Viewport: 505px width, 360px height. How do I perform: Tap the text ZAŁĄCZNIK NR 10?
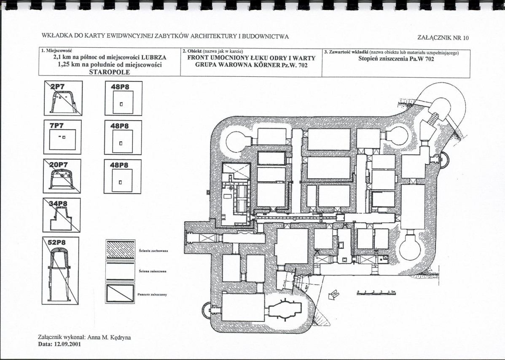(x=443, y=38)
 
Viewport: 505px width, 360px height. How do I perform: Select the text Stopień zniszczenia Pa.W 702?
(x=396, y=59)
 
